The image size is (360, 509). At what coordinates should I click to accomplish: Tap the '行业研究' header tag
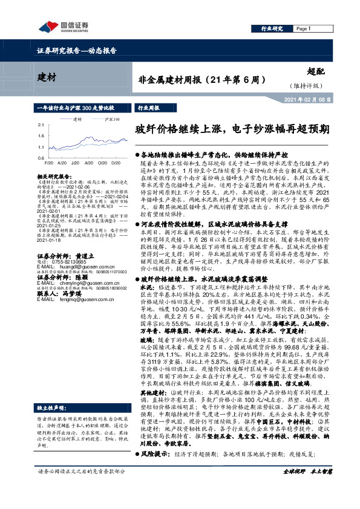pyautogui.click(x=272, y=28)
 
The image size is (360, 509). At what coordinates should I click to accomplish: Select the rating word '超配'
pyautogui.click(x=324, y=71)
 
